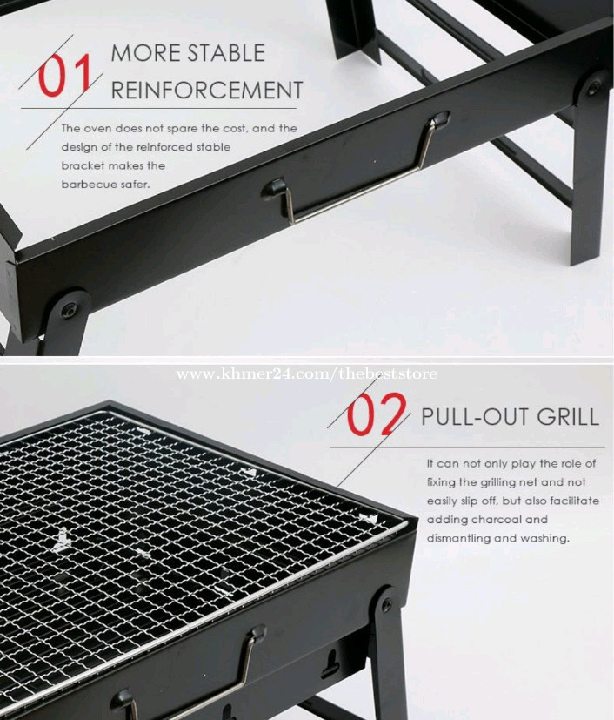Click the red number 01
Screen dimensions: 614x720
tap(64, 75)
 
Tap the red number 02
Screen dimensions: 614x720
tap(376, 414)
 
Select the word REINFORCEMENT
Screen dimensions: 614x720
tap(207, 90)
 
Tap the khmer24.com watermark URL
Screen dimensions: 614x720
tap(307, 373)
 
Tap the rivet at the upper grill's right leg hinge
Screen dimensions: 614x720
tap(593, 87)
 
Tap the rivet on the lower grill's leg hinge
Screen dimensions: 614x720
tap(386, 604)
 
